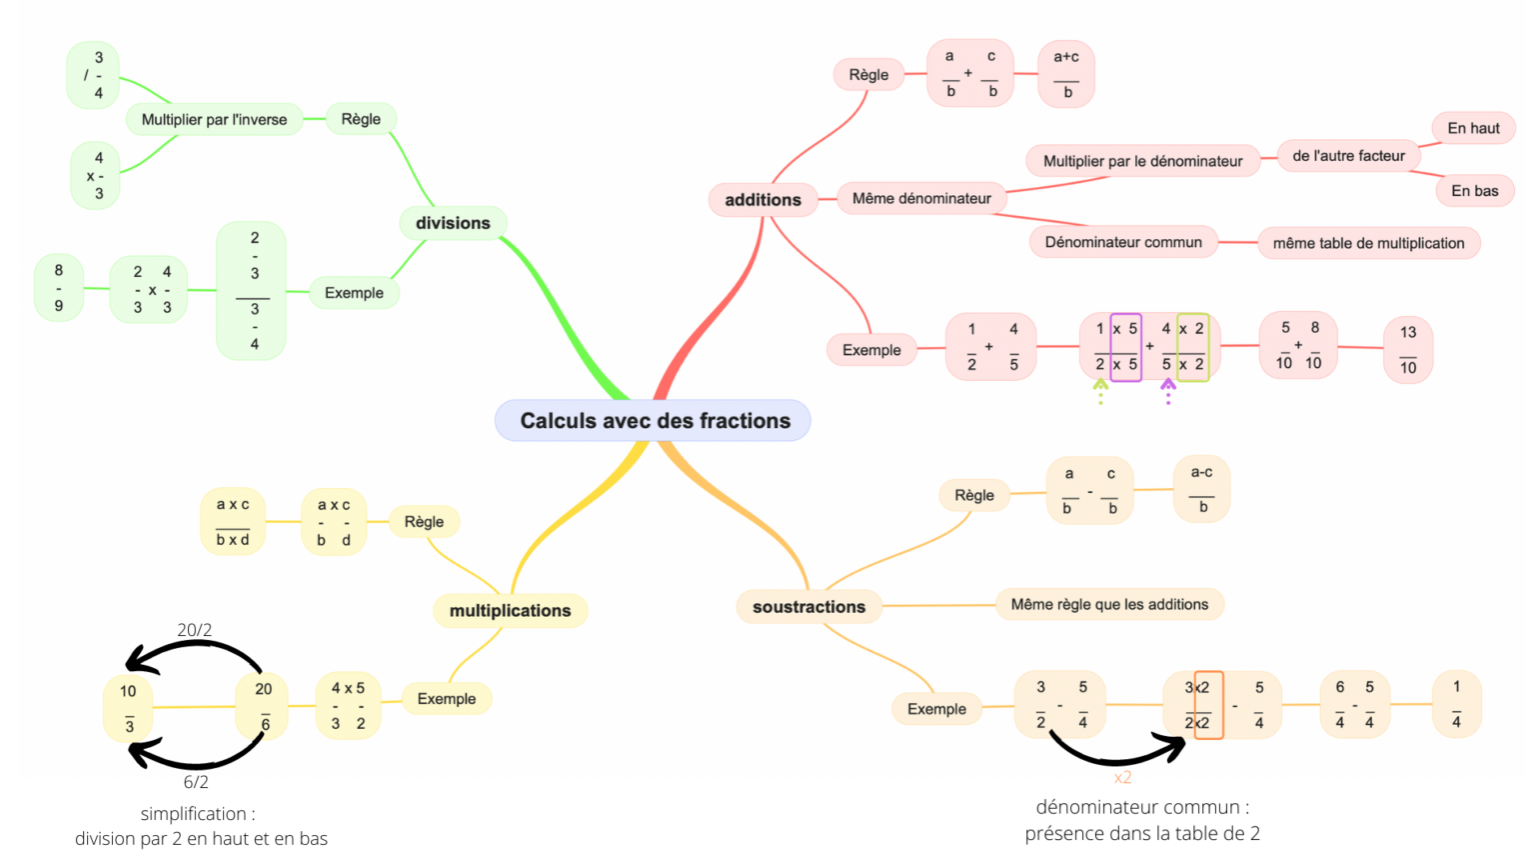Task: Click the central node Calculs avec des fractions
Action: click(x=654, y=421)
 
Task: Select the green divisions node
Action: click(x=453, y=223)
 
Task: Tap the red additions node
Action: click(x=763, y=200)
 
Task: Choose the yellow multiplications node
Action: click(x=510, y=611)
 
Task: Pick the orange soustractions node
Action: click(x=808, y=607)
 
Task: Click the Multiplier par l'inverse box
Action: click(x=214, y=119)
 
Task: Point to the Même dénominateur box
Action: click(x=921, y=198)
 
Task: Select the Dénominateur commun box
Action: click(x=1123, y=242)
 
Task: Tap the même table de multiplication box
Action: click(x=1368, y=243)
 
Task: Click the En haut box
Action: click(x=1473, y=128)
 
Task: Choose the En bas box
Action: click(x=1474, y=191)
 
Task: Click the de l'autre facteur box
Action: click(x=1348, y=156)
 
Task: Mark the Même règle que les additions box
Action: click(x=1109, y=604)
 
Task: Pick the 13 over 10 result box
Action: click(x=1407, y=350)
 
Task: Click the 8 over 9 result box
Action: click(x=59, y=288)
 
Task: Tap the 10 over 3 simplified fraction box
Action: click(x=128, y=708)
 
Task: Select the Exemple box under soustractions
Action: click(x=936, y=709)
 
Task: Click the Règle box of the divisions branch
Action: click(x=361, y=119)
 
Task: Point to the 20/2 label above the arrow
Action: click(x=195, y=630)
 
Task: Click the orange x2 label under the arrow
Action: click(x=1122, y=777)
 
